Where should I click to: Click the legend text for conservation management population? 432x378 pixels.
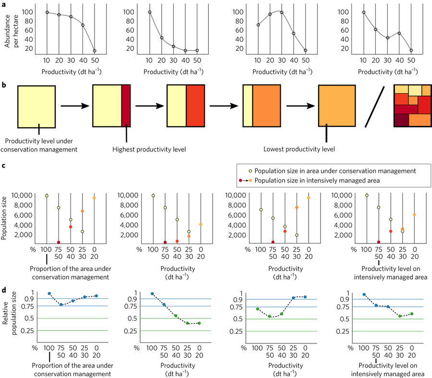[x=334, y=171]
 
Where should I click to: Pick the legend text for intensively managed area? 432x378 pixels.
[x=324, y=180]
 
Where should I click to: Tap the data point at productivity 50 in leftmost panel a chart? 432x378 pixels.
[x=95, y=51]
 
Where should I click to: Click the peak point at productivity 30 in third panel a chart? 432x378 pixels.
[x=281, y=12]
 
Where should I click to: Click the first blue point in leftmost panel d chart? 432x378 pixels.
[x=49, y=293]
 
